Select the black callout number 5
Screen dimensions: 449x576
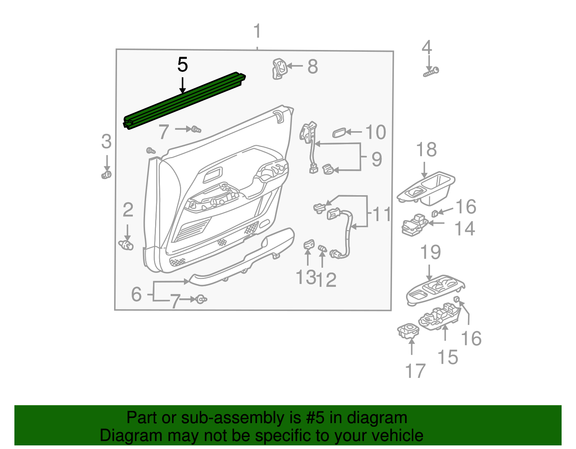click(183, 65)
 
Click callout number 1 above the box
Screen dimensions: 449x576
click(257, 31)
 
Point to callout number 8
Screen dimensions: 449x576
click(312, 67)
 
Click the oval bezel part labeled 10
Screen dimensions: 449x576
click(339, 133)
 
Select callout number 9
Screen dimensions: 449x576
click(377, 159)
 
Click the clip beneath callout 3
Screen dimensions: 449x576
click(106, 175)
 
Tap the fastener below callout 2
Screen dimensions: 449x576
click(126, 245)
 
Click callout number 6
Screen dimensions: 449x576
click(136, 294)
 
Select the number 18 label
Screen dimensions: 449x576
click(427, 150)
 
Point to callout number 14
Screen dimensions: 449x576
click(465, 229)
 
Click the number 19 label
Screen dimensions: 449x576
click(431, 252)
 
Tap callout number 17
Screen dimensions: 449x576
click(415, 371)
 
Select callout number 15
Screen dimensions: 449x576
click(448, 357)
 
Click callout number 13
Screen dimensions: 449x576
click(305, 278)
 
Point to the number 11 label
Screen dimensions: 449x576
click(382, 215)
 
